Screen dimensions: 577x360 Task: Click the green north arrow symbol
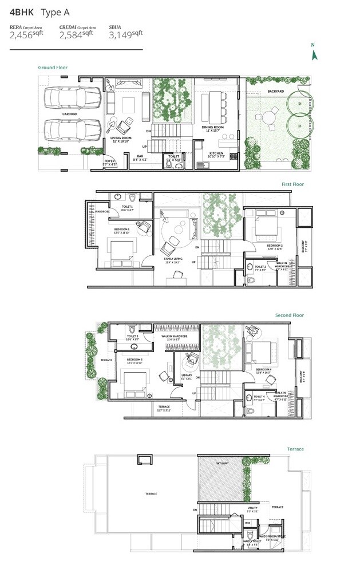click(x=313, y=54)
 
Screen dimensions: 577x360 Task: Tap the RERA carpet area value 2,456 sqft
click(x=26, y=35)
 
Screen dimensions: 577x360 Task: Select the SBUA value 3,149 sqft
click(x=125, y=34)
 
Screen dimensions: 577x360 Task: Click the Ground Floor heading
click(x=53, y=68)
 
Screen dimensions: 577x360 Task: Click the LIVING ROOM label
click(x=121, y=138)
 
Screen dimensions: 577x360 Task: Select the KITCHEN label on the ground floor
click(x=216, y=153)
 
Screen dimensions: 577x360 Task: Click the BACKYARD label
click(x=275, y=91)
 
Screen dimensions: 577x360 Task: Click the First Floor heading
click(x=292, y=184)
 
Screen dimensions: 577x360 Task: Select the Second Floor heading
click(x=289, y=315)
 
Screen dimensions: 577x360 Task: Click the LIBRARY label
click(x=188, y=376)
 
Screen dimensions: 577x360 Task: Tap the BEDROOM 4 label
click(x=264, y=370)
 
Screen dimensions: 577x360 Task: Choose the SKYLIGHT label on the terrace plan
click(x=223, y=462)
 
